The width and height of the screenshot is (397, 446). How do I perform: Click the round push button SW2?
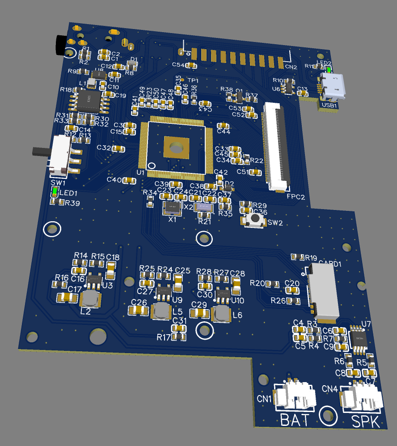coord(255,219)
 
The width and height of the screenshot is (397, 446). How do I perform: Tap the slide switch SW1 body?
coord(60,154)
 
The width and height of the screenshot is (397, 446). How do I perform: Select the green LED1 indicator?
coord(55,192)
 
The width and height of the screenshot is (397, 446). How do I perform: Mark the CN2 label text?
coord(291,67)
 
